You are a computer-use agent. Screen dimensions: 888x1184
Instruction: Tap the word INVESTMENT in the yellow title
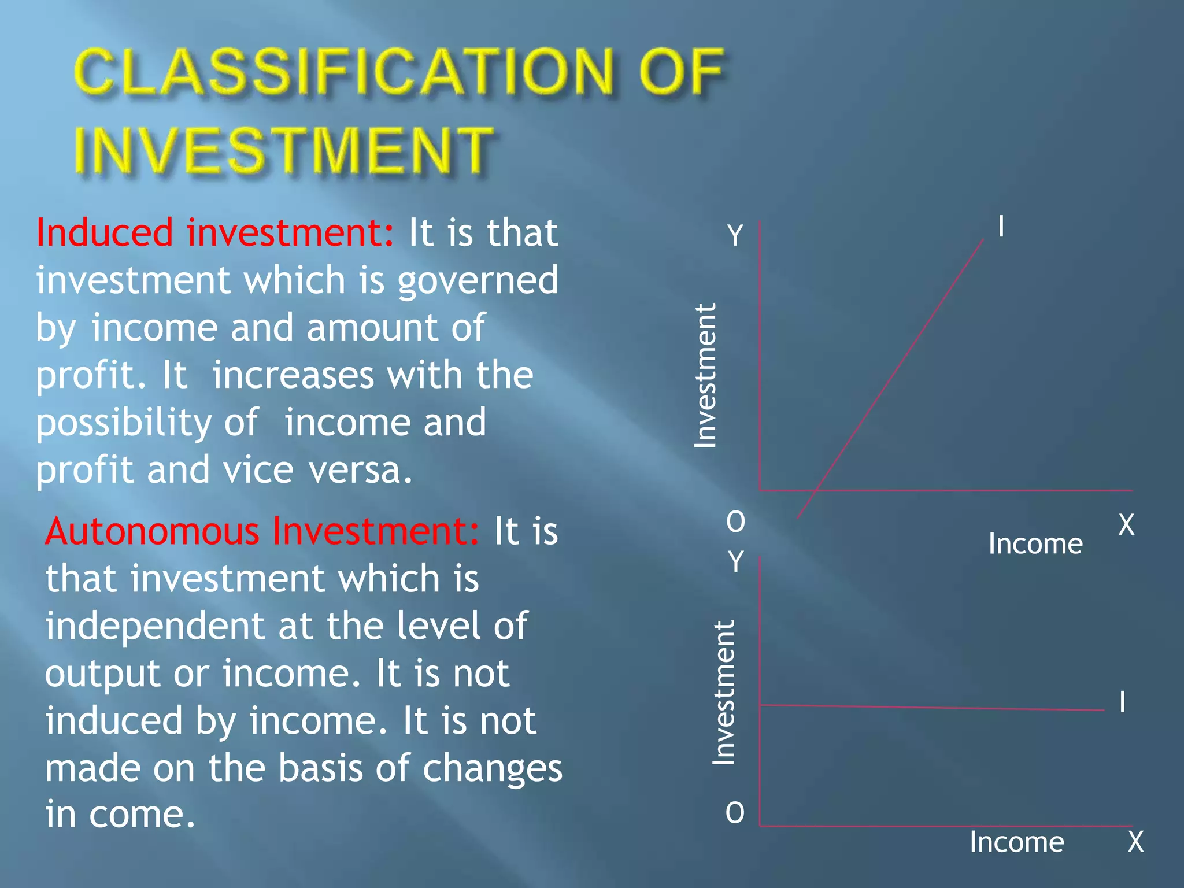[x=283, y=150]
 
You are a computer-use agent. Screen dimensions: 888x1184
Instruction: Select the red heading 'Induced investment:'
[x=215, y=233]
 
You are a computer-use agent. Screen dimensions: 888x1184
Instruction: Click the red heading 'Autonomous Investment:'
[x=262, y=531]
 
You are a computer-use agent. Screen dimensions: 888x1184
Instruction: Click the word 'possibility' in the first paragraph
[x=123, y=423]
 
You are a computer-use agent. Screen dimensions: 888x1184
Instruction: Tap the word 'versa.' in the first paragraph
[x=361, y=470]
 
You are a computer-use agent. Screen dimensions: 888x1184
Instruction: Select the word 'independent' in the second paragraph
[x=155, y=626]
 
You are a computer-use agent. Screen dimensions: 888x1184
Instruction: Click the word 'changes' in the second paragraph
[x=492, y=769]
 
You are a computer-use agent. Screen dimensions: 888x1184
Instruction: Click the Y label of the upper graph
[x=735, y=236]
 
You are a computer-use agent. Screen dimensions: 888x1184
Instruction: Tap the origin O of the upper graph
[x=735, y=523]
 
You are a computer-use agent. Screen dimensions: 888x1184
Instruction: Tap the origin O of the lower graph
[x=735, y=813]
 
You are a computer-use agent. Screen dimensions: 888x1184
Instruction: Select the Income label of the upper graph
[x=1035, y=544]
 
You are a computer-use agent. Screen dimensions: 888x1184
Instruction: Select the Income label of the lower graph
[x=1016, y=842]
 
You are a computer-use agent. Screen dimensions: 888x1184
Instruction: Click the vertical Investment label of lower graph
[x=724, y=693]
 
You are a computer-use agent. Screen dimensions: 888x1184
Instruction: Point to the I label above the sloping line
[x=1001, y=227]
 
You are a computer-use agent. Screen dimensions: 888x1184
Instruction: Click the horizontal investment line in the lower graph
[x=931, y=707]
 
